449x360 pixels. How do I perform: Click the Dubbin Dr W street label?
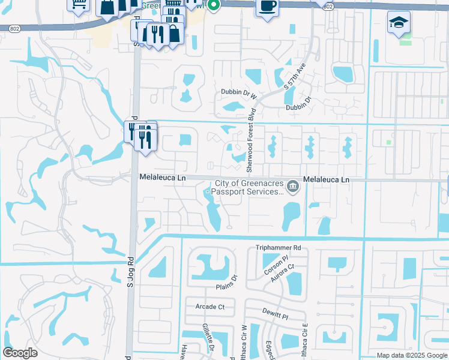pos(238,93)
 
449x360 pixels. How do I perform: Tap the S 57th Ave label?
pos(294,76)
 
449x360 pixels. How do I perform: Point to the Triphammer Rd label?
pos(277,247)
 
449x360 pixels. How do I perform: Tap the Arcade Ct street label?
pos(209,307)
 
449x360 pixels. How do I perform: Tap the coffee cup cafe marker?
pos(267,7)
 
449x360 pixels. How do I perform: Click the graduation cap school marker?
pos(399,23)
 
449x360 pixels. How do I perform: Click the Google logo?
pos(20,353)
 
